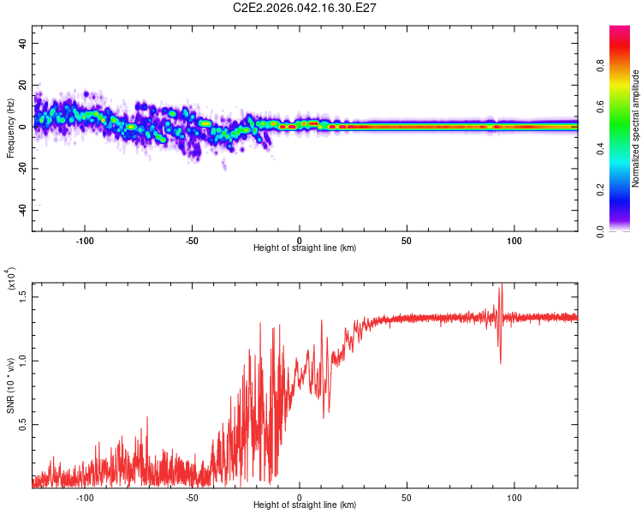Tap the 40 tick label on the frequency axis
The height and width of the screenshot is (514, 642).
tap(23, 43)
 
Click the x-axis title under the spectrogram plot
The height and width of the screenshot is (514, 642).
tap(305, 248)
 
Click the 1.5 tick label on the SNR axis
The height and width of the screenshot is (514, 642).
tap(23, 296)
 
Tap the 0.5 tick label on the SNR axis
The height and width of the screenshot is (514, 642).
tap(23, 424)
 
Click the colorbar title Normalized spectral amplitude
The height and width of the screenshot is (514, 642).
tap(635, 128)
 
